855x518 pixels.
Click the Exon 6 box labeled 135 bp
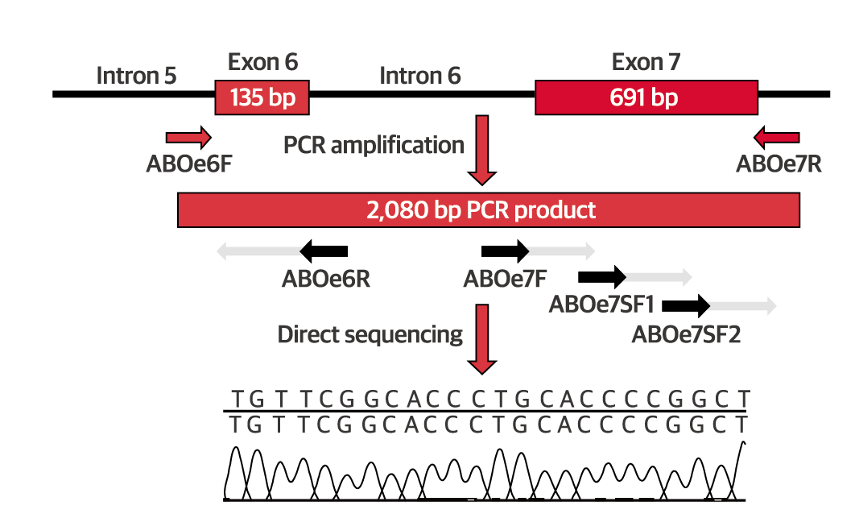pos(262,97)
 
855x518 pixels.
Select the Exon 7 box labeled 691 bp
pos(646,97)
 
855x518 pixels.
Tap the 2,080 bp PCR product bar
pos(488,210)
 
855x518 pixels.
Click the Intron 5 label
pos(136,76)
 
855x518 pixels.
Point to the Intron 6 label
pos(419,76)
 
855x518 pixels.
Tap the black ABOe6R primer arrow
pos(324,251)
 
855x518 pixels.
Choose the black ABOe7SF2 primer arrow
pos(686,305)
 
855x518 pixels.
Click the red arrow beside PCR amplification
pos(482,149)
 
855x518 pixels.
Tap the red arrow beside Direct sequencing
pos(482,338)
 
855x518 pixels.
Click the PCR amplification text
pos(374,146)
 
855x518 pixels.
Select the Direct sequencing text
pos(370,334)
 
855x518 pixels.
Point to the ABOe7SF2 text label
pos(686,333)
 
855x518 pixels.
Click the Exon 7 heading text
pos(646,62)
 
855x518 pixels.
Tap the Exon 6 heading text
pos(262,62)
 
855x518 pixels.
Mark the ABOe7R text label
pos(779,164)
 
